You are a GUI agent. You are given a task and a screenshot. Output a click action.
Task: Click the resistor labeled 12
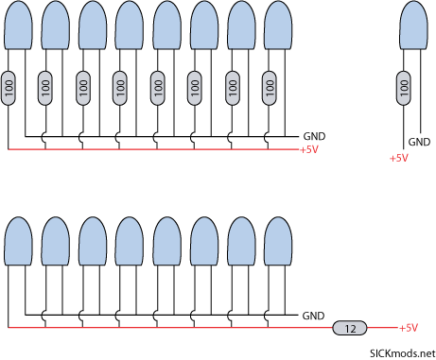tap(350, 328)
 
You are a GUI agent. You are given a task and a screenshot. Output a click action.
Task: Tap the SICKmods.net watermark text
tap(403, 353)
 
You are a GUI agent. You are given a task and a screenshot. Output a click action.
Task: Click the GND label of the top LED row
tap(314, 136)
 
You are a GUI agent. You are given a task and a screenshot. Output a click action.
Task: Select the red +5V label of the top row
tap(309, 149)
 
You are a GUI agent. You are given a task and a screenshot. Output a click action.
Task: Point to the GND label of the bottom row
tap(313, 316)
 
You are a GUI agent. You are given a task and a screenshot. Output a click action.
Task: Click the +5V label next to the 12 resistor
tap(409, 328)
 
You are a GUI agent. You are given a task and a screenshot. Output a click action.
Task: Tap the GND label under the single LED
tap(419, 142)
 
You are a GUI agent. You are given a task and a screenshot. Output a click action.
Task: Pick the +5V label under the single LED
tap(399, 158)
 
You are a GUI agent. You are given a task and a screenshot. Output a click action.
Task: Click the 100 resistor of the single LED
tap(404, 88)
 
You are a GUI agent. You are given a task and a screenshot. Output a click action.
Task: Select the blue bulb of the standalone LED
tap(414, 26)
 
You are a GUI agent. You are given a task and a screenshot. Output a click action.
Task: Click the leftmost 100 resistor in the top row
tap(9, 88)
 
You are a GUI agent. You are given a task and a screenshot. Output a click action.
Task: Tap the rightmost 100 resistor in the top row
tap(270, 88)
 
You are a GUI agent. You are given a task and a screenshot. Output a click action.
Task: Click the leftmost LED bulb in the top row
tap(18, 26)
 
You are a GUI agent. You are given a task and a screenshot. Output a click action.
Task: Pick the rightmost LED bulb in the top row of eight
tap(278, 26)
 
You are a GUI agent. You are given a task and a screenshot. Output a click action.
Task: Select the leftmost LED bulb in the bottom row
tap(18, 241)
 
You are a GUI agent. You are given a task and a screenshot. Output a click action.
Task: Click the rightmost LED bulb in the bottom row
tap(278, 241)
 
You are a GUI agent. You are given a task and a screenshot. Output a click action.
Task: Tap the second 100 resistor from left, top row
tap(45, 88)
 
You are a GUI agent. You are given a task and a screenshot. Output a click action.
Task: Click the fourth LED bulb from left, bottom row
tap(130, 241)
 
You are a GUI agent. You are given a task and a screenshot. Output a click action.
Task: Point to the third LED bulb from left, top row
tap(93, 26)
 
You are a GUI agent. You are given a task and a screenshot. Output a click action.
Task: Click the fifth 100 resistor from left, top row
tap(158, 88)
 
